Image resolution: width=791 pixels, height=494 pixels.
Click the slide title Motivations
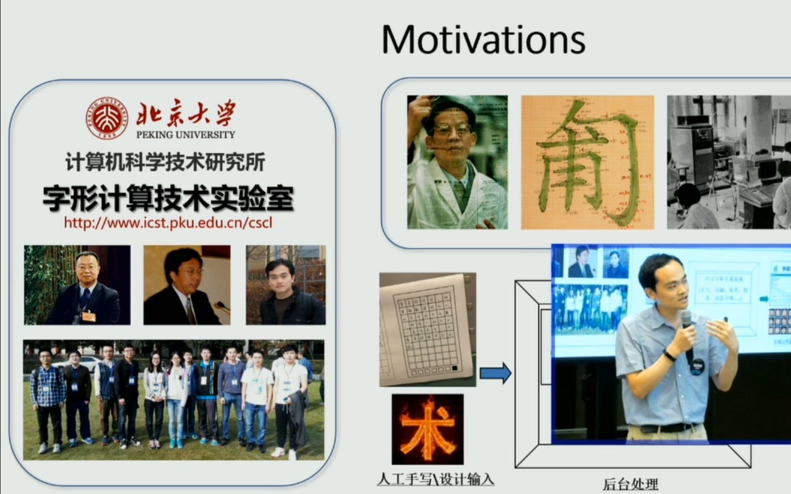coord(483,40)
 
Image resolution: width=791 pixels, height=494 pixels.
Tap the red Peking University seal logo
coord(107,118)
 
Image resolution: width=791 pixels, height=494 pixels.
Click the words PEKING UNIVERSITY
coord(185,135)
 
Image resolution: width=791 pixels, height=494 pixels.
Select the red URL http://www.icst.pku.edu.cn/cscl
coord(168,223)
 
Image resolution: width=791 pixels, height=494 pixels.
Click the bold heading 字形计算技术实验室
coord(168,198)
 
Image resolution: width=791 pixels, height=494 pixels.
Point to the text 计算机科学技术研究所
coord(165,162)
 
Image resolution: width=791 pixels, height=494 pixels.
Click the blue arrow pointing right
coord(495,373)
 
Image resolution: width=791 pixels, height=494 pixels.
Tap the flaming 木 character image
coord(428,429)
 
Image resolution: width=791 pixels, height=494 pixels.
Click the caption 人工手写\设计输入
coord(436,479)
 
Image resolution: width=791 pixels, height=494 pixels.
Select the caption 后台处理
coord(630,484)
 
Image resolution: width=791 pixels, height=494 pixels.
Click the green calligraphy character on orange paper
coord(587,162)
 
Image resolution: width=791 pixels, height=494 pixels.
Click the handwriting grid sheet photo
coord(428,329)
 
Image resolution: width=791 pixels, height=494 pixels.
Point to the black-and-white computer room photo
coord(728,162)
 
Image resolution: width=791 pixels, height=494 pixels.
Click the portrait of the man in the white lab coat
coord(457,162)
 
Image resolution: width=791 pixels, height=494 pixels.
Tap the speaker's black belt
coord(668,428)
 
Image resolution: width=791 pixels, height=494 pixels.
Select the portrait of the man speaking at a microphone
coord(187,285)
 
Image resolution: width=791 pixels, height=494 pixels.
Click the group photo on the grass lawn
coord(173,399)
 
